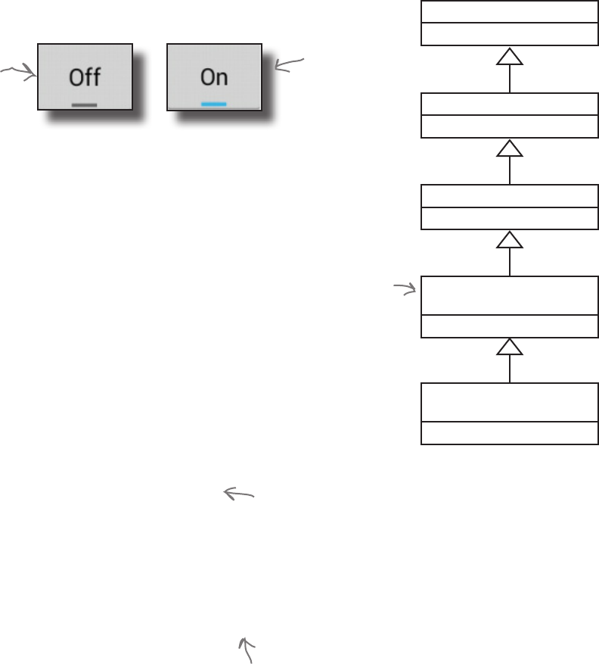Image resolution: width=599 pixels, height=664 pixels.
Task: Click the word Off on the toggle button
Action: point(85,77)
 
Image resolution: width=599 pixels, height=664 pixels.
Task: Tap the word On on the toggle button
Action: point(214,77)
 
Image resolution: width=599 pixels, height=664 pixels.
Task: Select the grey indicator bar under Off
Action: point(84,104)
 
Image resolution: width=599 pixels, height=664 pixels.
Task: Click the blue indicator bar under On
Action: point(214,104)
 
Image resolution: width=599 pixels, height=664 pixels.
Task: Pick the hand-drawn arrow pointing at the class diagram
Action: point(405,288)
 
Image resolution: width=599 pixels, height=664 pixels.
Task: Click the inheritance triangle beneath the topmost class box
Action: point(510,58)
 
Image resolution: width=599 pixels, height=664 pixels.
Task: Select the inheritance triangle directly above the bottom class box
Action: point(510,347)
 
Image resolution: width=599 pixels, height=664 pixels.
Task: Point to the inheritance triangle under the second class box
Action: point(510,149)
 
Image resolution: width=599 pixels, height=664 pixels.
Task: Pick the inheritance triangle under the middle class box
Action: point(510,240)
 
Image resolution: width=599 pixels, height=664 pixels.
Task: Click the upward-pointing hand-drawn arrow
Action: point(246,649)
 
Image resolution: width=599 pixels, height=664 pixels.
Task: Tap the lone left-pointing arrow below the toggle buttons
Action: point(238,494)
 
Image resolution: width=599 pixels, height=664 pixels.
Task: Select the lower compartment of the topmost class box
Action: point(509,35)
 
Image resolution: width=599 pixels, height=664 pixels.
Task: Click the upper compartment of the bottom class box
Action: point(509,403)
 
